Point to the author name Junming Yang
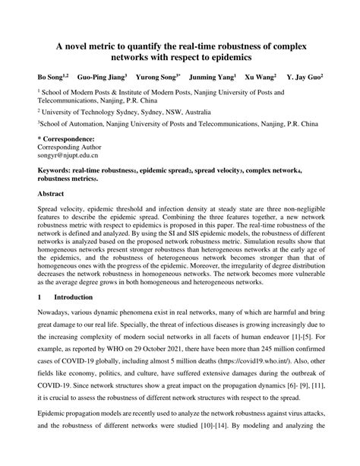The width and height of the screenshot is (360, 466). tap(213, 78)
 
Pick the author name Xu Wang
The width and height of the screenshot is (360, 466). tap(263, 78)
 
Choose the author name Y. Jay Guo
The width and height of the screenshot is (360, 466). tap(308, 78)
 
